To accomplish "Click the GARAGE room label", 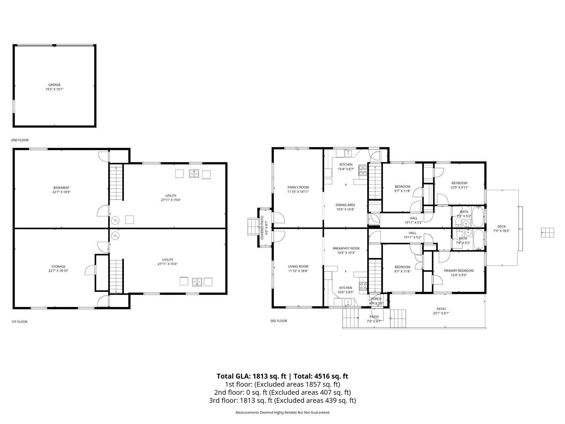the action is [x=55, y=85].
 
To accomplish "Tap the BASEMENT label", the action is [x=62, y=188].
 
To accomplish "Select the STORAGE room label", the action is [x=58, y=267].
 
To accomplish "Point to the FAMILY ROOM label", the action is [x=298, y=187].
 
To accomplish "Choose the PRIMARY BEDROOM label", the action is [x=459, y=271].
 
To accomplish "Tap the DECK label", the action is [x=501, y=227].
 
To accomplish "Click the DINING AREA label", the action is [x=345, y=205].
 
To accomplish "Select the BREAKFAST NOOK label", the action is [x=346, y=248].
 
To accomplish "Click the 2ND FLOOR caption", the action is [x=20, y=140].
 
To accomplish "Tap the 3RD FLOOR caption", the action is [x=278, y=321].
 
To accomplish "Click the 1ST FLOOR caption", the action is [x=19, y=322].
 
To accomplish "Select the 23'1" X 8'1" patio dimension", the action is [x=441, y=313].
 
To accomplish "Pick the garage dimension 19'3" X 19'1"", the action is [x=55, y=89].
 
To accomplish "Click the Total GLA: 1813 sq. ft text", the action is [x=251, y=376].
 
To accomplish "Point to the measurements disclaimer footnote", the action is [x=282, y=413].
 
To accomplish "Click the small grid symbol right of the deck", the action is [x=547, y=233].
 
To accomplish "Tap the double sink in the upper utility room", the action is [x=194, y=174].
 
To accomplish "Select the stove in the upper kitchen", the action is [x=363, y=170].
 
